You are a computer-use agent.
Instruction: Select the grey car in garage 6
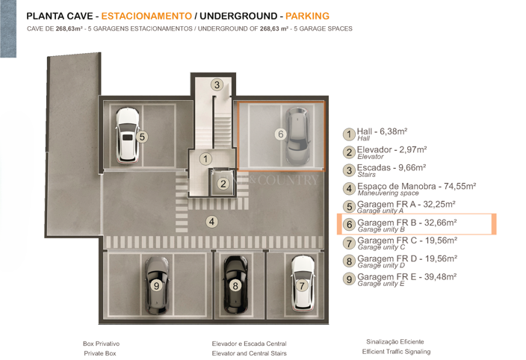point(297,137)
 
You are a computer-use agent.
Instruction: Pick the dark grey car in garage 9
point(157,285)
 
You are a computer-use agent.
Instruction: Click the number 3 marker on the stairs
point(217,85)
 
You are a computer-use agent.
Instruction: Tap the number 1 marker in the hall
point(205,158)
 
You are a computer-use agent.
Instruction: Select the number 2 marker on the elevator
point(223,183)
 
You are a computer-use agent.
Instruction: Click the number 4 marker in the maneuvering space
point(212,221)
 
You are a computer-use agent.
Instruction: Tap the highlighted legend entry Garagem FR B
point(407,223)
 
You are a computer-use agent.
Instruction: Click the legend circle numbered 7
point(349,243)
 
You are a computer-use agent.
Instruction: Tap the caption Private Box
point(100,353)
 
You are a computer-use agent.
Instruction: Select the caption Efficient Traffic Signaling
point(396,352)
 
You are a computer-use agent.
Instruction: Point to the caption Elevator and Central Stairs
point(250,353)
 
